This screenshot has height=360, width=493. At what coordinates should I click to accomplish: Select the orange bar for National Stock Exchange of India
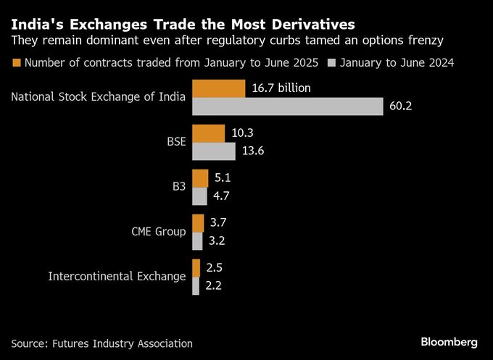(x=219, y=88)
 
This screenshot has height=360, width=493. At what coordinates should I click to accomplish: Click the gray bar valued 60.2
(x=287, y=106)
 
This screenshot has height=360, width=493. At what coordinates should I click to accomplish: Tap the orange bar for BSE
(x=209, y=133)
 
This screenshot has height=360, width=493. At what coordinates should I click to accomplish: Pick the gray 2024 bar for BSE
(x=214, y=151)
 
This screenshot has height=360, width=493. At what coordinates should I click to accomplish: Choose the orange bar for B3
(x=200, y=178)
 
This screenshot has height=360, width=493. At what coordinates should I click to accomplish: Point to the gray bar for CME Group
(x=197, y=240)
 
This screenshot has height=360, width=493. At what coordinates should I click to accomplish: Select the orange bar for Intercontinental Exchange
(x=196, y=268)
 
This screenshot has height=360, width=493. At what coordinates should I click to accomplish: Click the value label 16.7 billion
(x=281, y=88)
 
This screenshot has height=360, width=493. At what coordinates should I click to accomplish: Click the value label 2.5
(x=214, y=268)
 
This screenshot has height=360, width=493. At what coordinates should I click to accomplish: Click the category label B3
(x=178, y=187)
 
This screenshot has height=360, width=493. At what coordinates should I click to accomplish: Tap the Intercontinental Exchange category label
(x=117, y=276)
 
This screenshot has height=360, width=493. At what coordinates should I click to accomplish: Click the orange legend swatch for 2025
(x=17, y=62)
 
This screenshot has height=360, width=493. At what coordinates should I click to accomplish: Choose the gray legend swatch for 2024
(x=333, y=62)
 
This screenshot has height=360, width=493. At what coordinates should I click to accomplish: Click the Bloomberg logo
(x=449, y=341)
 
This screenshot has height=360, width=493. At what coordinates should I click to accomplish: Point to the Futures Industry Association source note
(x=102, y=343)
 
